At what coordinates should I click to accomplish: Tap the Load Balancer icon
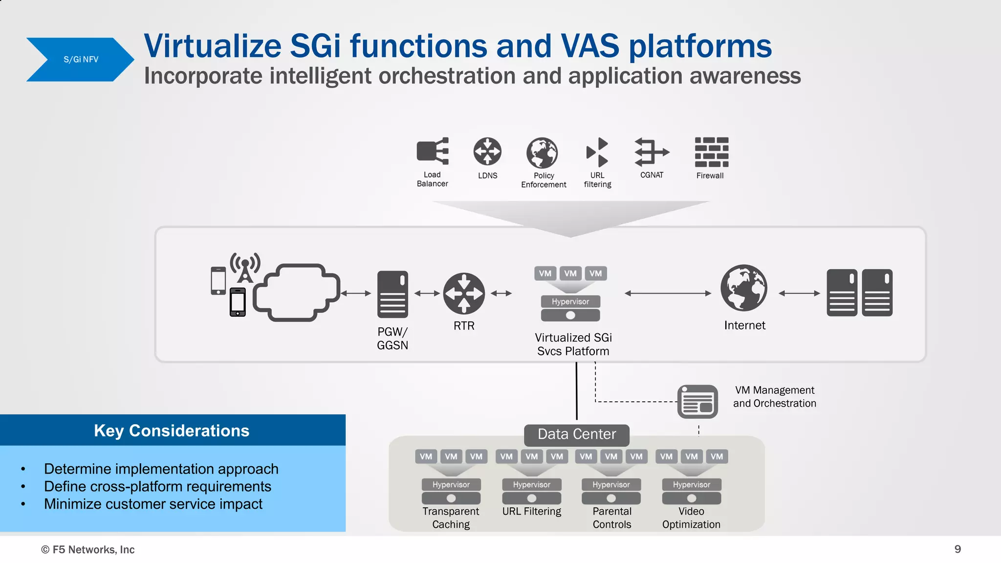(x=432, y=151)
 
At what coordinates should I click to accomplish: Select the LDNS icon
(x=487, y=152)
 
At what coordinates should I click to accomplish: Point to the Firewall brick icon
(x=711, y=152)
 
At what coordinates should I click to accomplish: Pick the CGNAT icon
(x=652, y=152)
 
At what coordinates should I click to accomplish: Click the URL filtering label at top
(x=597, y=180)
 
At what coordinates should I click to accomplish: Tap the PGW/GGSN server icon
(x=392, y=294)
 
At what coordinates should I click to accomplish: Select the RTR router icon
(x=464, y=293)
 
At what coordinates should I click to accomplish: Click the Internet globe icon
(x=744, y=288)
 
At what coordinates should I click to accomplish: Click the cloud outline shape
(x=296, y=293)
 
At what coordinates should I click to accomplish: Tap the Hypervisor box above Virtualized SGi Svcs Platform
(x=570, y=302)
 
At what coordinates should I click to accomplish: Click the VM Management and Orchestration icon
(x=697, y=402)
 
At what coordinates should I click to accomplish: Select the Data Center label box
(x=577, y=434)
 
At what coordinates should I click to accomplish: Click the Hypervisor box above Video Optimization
(x=691, y=485)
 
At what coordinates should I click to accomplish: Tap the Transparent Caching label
(x=451, y=518)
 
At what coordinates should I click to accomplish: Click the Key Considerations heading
(x=172, y=431)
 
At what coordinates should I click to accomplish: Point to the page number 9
(x=957, y=549)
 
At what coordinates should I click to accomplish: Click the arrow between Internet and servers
(x=799, y=293)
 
